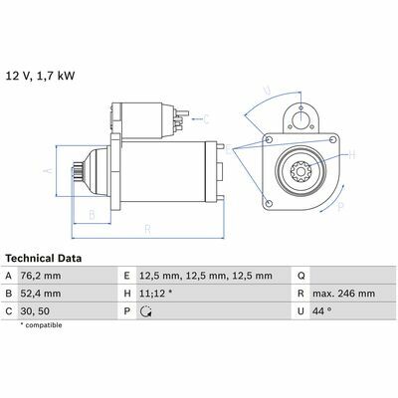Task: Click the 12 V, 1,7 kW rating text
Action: pos(40,76)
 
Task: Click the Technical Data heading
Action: pos(44,258)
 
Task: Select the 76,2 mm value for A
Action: pos(41,276)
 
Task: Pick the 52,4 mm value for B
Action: pos(41,294)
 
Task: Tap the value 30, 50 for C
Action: pos(35,311)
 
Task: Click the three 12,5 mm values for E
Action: pos(206,276)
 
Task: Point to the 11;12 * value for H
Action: pos(155,294)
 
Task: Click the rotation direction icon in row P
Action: pos(146,311)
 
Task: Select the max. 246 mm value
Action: pos(343,294)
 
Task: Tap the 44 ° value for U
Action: pos(322,311)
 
